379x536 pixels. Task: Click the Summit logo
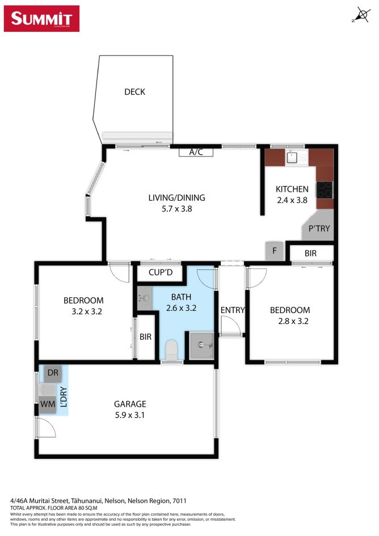(x=42, y=18)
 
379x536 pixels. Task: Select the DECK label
(x=135, y=91)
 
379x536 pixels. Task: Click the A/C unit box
(x=196, y=151)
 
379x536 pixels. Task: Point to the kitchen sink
(x=293, y=157)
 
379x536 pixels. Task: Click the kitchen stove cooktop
(x=325, y=188)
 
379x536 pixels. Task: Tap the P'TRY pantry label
(x=319, y=229)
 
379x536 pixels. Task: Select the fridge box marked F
(x=274, y=250)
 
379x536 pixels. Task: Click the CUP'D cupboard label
(x=160, y=273)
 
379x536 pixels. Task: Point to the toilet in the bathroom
(x=171, y=351)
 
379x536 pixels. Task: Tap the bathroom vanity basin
(x=144, y=297)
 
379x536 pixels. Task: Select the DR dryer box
(x=53, y=373)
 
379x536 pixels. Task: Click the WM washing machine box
(x=47, y=404)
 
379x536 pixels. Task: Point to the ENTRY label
(x=233, y=310)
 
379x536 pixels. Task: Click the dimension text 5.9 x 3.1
(x=130, y=415)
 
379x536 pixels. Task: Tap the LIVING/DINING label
(x=176, y=198)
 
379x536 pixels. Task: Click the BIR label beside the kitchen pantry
(x=310, y=254)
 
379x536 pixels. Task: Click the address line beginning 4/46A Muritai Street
(x=98, y=501)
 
